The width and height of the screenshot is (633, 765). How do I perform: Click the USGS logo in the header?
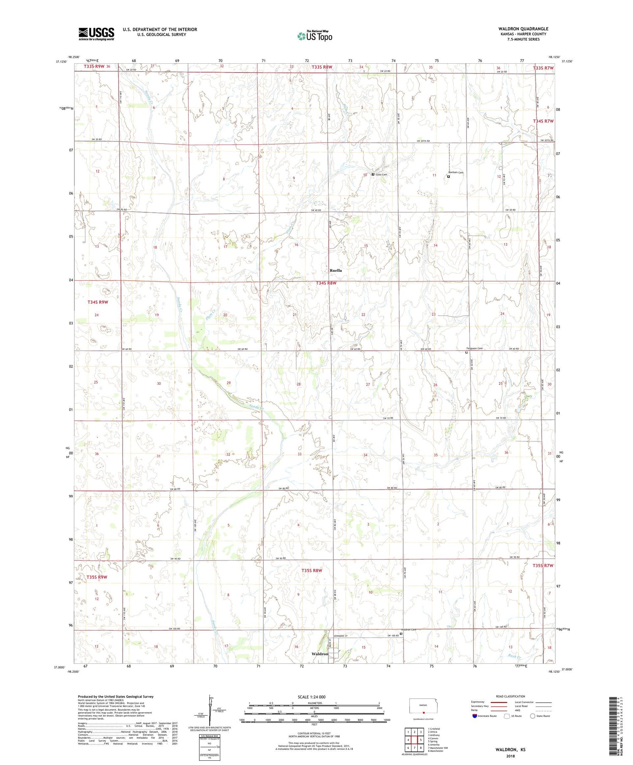(96, 34)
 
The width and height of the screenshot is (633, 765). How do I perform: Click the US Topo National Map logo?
(314, 36)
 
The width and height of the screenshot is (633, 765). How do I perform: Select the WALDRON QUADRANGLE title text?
(523, 29)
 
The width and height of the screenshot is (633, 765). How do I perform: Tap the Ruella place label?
(335, 270)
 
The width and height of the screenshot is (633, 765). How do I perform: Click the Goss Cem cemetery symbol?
(373, 174)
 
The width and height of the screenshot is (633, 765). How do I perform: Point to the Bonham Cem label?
(456, 173)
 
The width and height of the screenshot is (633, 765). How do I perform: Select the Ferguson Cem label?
(473, 348)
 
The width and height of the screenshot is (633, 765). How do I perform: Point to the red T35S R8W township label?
(312, 570)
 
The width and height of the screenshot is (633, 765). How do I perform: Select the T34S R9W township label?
(98, 302)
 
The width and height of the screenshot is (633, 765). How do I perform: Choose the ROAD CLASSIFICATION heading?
(511, 696)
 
